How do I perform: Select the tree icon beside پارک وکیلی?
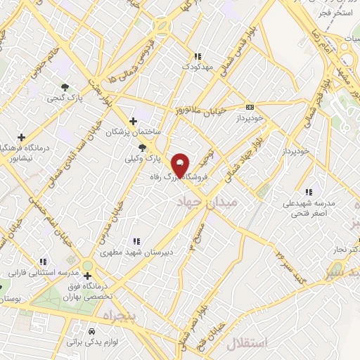(x=143, y=148)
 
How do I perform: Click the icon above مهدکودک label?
(x=198, y=56)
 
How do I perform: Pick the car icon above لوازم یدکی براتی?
(x=91, y=331)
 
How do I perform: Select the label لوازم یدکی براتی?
(x=89, y=342)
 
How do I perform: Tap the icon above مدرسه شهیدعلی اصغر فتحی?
(x=308, y=191)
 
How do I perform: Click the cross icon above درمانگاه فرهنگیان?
(x=22, y=137)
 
